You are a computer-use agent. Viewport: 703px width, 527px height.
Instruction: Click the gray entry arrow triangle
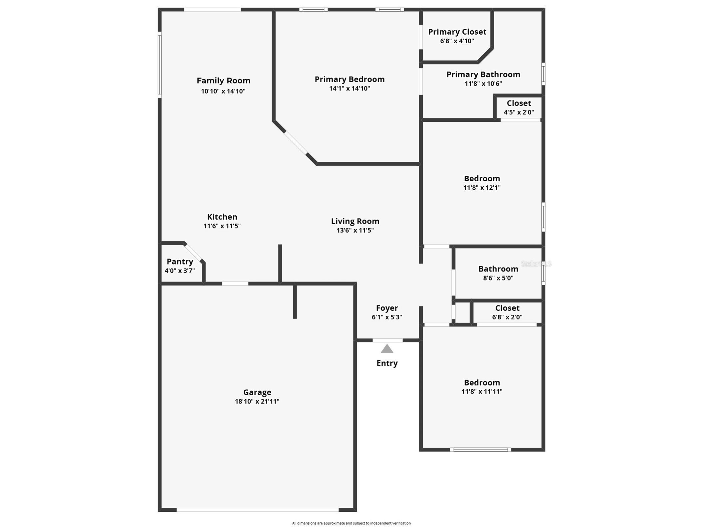click(387, 349)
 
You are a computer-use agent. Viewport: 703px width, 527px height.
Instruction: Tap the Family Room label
click(223, 81)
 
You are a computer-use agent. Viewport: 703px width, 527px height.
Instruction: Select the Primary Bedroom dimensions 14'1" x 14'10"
click(350, 88)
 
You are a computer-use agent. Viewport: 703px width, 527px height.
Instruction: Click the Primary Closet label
click(457, 32)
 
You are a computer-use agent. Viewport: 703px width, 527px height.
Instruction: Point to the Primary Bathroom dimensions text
click(483, 84)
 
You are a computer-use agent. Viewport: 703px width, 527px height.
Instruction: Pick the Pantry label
click(180, 262)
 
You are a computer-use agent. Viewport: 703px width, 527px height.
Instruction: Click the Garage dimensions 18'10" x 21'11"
click(257, 401)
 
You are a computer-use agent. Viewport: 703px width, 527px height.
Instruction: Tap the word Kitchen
click(222, 217)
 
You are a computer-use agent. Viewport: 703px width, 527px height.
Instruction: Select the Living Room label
click(355, 221)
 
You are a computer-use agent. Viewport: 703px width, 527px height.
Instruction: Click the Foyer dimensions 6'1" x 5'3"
click(387, 317)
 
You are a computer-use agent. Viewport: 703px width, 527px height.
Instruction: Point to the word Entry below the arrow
click(387, 363)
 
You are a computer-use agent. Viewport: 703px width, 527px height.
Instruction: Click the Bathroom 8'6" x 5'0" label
click(498, 269)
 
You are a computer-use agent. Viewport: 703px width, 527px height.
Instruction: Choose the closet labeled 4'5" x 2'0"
click(519, 107)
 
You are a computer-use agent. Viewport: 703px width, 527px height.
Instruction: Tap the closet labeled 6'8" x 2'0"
click(507, 312)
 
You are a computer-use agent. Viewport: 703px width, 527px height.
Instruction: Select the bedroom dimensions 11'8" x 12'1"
click(482, 188)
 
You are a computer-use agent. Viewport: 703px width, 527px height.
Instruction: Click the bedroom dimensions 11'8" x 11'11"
click(482, 392)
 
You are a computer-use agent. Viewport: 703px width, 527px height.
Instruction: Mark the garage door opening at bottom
click(257, 510)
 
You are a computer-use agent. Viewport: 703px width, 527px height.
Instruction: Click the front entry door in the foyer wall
click(387, 340)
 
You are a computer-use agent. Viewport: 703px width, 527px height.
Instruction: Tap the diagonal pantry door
click(193, 253)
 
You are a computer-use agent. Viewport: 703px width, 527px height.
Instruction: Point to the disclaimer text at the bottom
click(351, 523)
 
